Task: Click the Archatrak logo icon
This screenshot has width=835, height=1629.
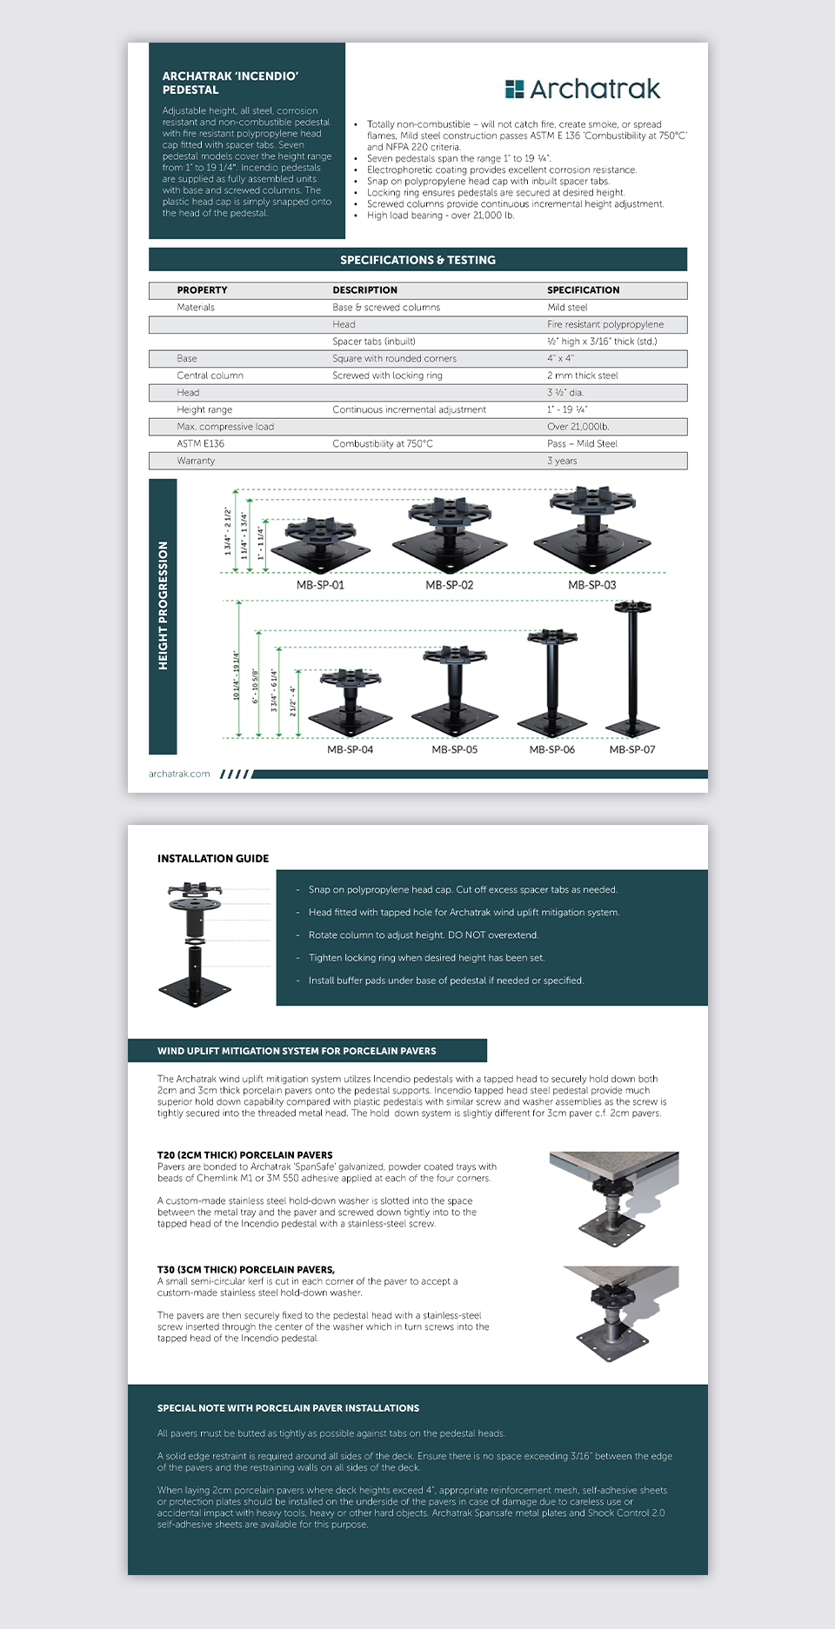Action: tap(514, 89)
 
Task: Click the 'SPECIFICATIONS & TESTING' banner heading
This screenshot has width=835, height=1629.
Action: tap(417, 260)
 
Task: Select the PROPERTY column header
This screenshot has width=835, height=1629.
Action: tap(202, 290)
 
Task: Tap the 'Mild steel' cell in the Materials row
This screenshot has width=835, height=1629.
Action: tap(567, 308)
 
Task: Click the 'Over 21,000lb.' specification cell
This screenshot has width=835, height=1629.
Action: tap(578, 427)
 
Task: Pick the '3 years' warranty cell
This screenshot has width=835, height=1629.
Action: tap(562, 461)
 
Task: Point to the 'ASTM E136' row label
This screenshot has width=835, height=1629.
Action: tap(200, 444)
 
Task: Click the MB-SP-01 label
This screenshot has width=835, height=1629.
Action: tap(320, 585)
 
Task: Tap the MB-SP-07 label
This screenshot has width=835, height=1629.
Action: tap(632, 749)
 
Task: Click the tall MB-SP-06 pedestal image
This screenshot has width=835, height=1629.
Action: tap(551, 682)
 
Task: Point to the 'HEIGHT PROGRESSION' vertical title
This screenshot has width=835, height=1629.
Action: tap(163, 606)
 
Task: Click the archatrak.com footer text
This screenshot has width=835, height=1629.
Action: tap(179, 774)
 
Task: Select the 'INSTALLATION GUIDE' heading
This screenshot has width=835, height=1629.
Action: tap(213, 859)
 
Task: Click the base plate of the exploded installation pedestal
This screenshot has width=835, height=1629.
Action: tap(195, 990)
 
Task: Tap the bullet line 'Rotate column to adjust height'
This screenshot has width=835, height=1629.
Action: tap(424, 935)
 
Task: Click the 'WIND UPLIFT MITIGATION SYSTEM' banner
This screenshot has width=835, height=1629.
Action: tap(297, 1051)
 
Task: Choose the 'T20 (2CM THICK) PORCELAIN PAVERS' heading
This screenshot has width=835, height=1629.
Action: tap(244, 1155)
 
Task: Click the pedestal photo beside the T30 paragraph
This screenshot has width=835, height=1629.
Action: tap(619, 1312)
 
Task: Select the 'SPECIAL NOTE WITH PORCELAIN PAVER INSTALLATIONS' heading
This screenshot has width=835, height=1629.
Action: tap(288, 1408)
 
